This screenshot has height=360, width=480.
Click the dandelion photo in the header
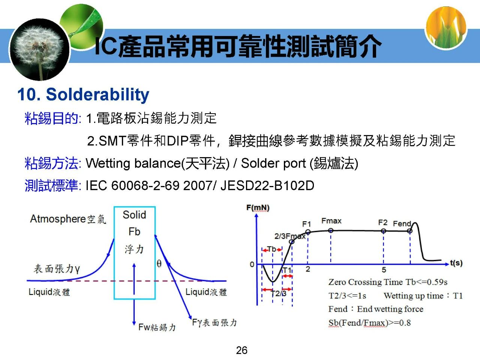pos(39,49)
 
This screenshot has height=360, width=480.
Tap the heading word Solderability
pos(97,94)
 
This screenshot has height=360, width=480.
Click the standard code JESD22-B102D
pos(267,186)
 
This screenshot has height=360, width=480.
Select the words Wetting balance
pos(133,163)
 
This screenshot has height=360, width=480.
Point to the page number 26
pos(241,350)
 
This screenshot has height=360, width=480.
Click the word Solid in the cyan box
pos(134,214)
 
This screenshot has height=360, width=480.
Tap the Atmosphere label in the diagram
pos(58,219)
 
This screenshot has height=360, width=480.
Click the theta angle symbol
pos(159,263)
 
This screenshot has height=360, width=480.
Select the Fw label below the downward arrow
pos(144,327)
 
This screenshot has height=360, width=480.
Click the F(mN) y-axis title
pos(258,208)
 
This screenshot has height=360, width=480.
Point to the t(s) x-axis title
pos(456,263)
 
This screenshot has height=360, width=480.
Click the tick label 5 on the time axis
pos(384,270)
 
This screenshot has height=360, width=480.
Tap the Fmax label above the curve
pos(331,221)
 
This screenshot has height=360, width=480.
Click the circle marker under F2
pos(383,231)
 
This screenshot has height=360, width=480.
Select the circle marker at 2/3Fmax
pos(292,242)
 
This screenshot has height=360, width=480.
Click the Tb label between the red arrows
pos(272,249)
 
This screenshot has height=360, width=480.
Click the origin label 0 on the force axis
pos(252,264)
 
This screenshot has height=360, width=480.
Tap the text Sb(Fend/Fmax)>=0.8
pos(369,322)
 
